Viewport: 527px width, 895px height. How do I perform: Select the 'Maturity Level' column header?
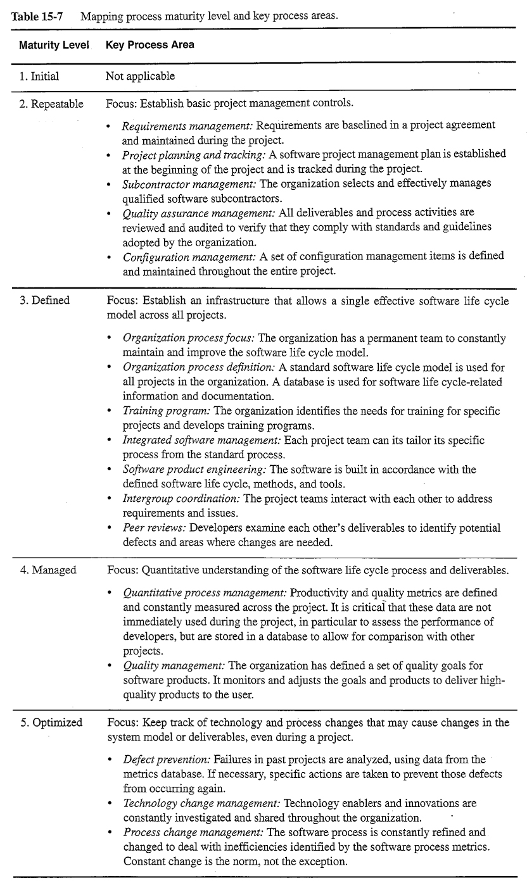click(x=54, y=45)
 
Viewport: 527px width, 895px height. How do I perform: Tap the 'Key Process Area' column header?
click(x=150, y=45)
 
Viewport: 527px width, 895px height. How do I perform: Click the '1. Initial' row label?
click(x=39, y=77)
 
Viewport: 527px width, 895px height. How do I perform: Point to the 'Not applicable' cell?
click(x=140, y=77)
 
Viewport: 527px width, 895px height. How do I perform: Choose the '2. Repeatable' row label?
click(x=51, y=104)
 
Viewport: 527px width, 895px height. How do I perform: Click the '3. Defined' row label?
click(x=44, y=300)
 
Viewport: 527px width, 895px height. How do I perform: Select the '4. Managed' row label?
click(x=48, y=570)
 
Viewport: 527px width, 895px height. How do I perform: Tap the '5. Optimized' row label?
click(x=51, y=722)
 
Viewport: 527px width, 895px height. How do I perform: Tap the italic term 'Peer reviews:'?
click(x=155, y=527)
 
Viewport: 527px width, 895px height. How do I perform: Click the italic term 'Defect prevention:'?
click(x=167, y=759)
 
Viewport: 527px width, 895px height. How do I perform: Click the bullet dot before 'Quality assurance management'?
click(x=110, y=213)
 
